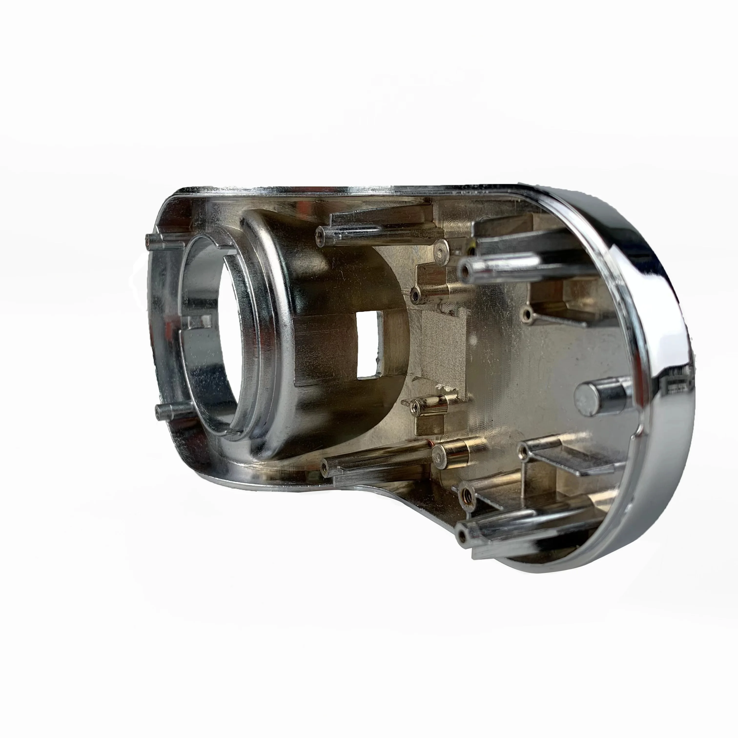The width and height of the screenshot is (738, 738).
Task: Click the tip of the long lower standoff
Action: pyautogui.click(x=325, y=466)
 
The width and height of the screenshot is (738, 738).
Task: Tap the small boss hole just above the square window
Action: pyautogui.click(x=415, y=294)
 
